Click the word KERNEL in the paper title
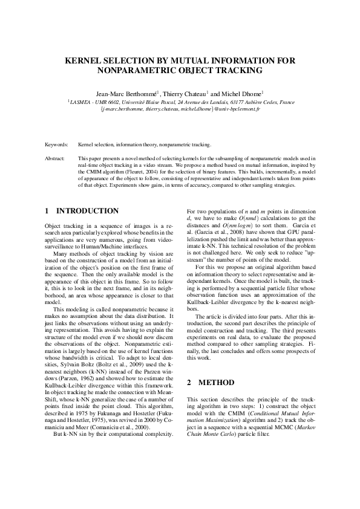[x=85, y=61]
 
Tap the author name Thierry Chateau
[x=185, y=94]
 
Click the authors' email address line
[x=180, y=110]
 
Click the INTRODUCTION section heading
[x=87, y=211]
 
